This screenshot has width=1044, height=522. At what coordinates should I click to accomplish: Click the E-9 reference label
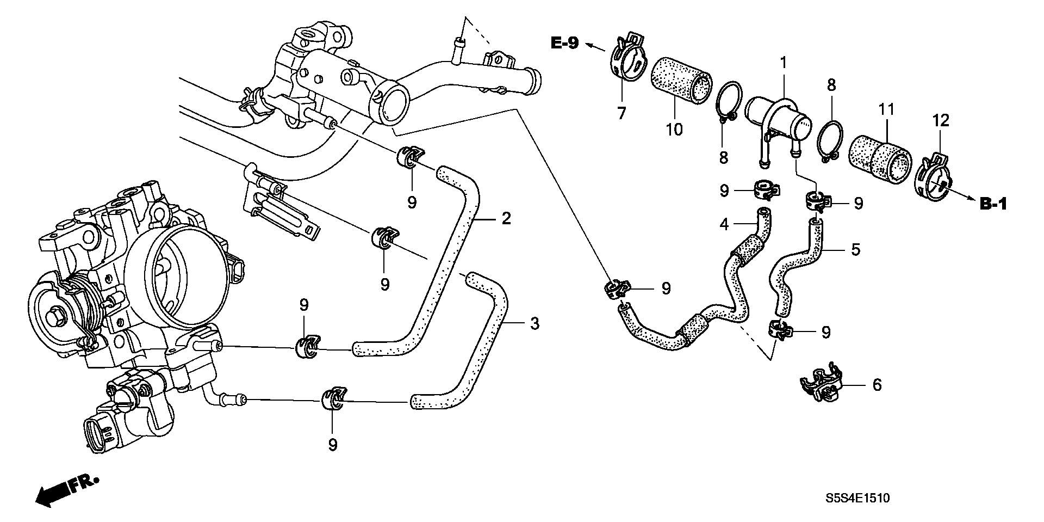(565, 43)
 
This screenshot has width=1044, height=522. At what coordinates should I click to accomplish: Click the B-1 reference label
(993, 205)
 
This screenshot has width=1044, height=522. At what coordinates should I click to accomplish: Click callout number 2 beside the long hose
(506, 219)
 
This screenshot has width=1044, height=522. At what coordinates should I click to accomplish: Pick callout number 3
(535, 324)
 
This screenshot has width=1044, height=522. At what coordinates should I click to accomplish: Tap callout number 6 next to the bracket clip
(877, 385)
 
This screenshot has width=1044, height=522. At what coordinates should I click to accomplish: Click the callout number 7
(621, 113)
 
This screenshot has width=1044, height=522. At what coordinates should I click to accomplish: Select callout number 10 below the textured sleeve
(674, 130)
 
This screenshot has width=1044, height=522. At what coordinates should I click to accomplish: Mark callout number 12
(941, 120)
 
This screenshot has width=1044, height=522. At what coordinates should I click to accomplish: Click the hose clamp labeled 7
(627, 60)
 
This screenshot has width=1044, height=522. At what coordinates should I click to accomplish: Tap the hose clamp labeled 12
(933, 180)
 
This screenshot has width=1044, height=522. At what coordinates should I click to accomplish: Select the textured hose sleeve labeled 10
(682, 79)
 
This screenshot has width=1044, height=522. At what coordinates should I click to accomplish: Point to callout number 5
(855, 250)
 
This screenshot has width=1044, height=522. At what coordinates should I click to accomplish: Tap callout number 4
(724, 224)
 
